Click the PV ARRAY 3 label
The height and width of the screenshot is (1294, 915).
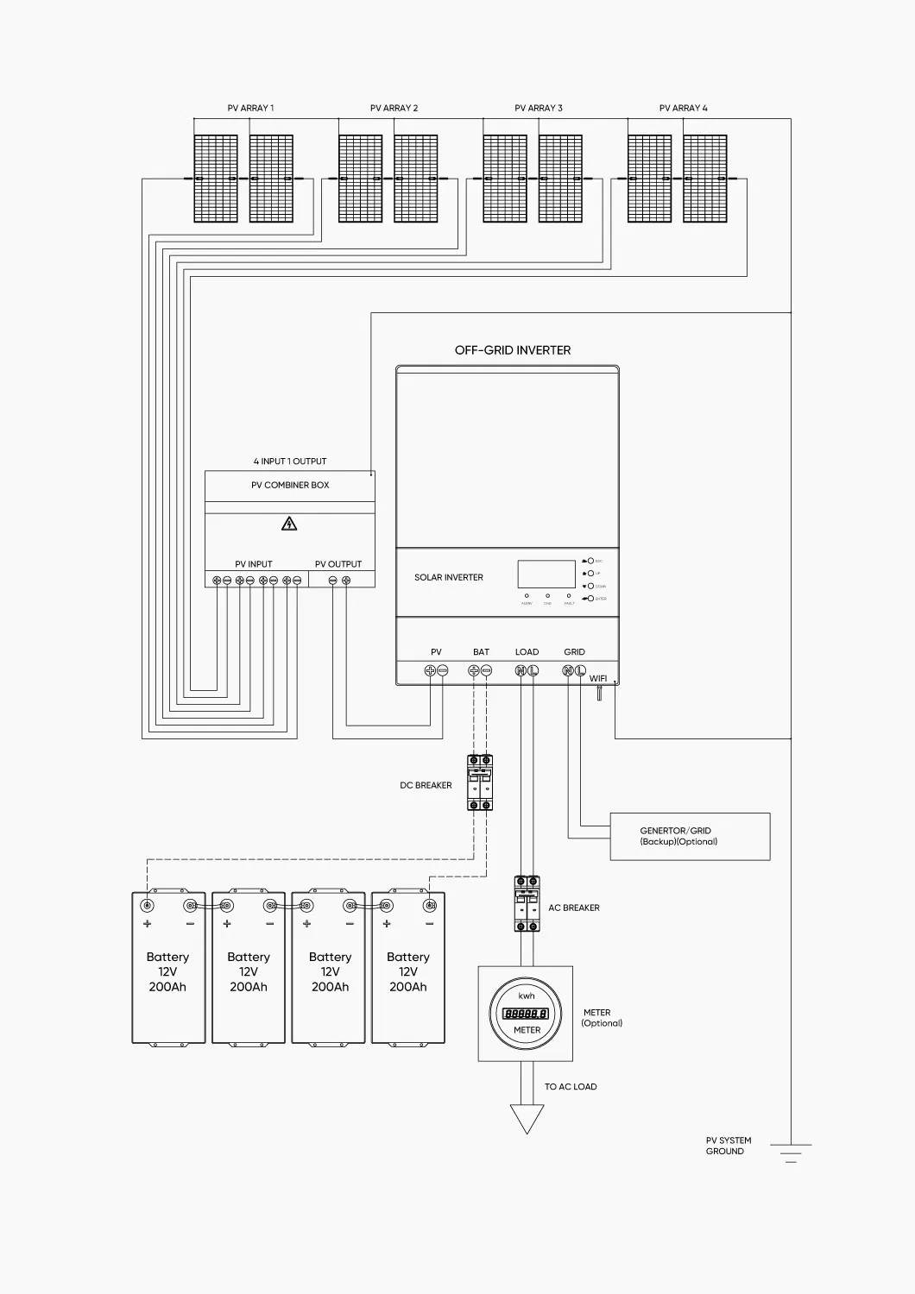pos(538,108)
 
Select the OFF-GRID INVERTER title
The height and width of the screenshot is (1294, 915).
pos(513,350)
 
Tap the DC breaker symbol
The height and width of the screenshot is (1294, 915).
pos(480,782)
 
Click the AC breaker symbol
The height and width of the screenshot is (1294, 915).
pos(527,903)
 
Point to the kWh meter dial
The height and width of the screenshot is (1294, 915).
pos(527,1014)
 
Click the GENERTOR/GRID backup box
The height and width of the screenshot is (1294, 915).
pos(690,836)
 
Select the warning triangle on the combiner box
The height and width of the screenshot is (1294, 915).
pos(290,524)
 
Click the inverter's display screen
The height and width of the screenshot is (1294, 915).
pos(546,575)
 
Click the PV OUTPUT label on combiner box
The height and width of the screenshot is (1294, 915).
pos(338,564)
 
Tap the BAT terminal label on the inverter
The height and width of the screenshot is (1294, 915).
pos(481,652)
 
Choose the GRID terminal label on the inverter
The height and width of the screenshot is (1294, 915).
pos(574,652)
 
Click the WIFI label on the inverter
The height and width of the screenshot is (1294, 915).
pos(598,678)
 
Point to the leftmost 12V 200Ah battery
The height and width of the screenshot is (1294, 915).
pos(168,968)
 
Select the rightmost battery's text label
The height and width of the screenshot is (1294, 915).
pos(408,971)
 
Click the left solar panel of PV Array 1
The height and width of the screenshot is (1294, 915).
pos(216,179)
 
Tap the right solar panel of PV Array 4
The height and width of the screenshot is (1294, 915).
pos(704,179)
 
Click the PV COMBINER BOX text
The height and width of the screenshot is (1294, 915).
pos(290,485)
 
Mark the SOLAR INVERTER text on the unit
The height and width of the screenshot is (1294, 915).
pos(449,577)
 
